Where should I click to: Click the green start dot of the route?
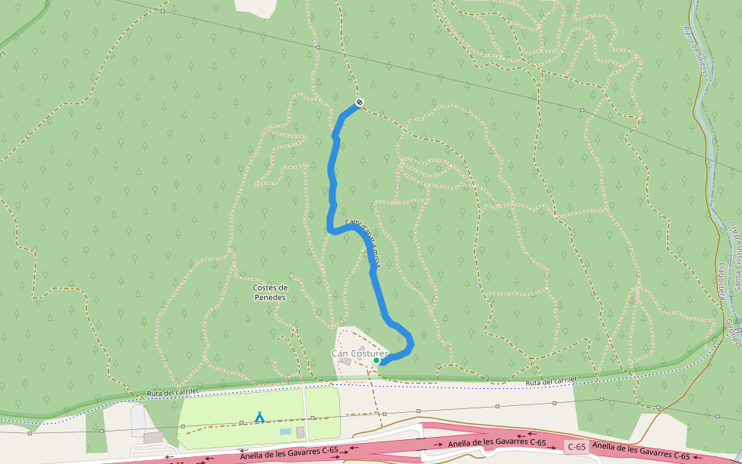[376, 360]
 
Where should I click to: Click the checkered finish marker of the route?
[359, 103]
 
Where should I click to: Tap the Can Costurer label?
[359, 353]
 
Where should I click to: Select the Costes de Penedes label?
[270, 292]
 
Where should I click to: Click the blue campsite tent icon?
[260, 418]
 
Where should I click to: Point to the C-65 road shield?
[576, 446]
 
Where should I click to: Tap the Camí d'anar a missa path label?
[362, 241]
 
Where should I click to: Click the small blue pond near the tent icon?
[285, 431]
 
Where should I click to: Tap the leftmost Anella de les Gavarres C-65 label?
[288, 452]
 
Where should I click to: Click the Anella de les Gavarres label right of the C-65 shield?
[641, 451]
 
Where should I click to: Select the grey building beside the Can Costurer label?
[345, 361]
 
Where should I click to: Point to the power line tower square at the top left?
[163, 12]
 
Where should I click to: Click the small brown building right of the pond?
[300, 432]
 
